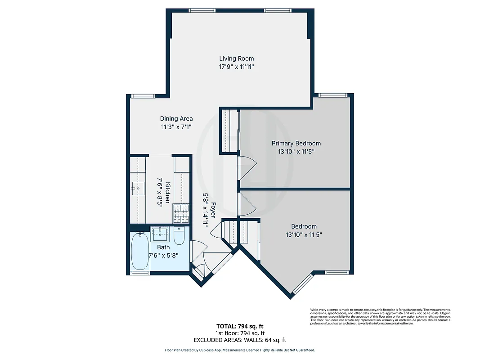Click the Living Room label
pyautogui.click(x=236, y=58)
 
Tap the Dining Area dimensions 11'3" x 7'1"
pyautogui.click(x=176, y=127)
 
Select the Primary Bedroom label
pyautogui.click(x=296, y=144)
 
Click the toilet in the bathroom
pyautogui.click(x=179, y=236)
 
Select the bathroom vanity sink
pyautogui.click(x=161, y=233)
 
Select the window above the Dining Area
pyautogui.click(x=143, y=95)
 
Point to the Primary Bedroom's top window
pyautogui.click(x=333, y=95)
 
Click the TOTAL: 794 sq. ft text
pyautogui.click(x=240, y=326)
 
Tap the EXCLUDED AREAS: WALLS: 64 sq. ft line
pyautogui.click(x=240, y=340)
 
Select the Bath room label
pyautogui.click(x=163, y=247)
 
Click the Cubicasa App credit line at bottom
pyautogui.click(x=240, y=350)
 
